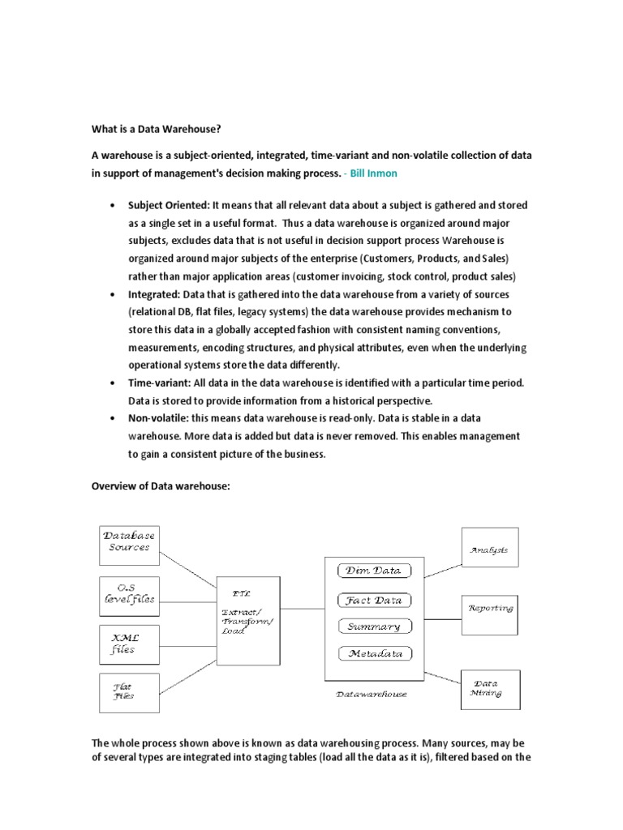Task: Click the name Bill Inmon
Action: (x=372, y=173)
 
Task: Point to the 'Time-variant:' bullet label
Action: (x=160, y=383)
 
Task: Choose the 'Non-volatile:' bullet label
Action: (x=158, y=419)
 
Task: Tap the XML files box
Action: (x=129, y=644)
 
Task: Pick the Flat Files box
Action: (x=129, y=693)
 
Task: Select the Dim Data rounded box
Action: (x=374, y=571)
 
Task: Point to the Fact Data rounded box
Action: (x=374, y=601)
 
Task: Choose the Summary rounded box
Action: (x=374, y=627)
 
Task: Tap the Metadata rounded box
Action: (x=374, y=653)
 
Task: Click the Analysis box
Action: (x=489, y=550)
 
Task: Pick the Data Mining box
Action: (x=491, y=689)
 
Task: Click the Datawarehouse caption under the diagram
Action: (x=372, y=694)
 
